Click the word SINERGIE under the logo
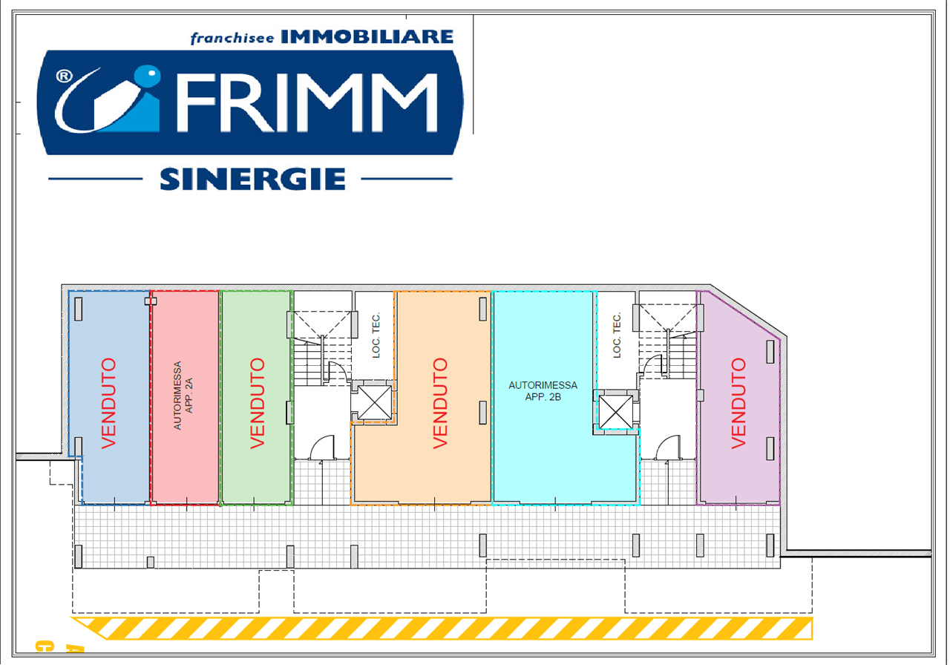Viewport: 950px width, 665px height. click(253, 179)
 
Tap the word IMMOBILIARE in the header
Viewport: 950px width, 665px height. click(367, 37)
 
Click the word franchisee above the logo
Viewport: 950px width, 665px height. click(232, 38)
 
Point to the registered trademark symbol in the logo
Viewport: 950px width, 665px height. click(64, 76)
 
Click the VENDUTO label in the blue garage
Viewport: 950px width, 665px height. click(108, 403)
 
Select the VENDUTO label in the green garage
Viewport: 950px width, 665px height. click(258, 403)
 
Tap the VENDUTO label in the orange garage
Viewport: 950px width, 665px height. click(440, 403)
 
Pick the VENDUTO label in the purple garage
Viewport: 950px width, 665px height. click(738, 403)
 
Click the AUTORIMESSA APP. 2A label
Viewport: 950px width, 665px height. click(183, 396)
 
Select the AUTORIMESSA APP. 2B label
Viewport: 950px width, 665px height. click(543, 391)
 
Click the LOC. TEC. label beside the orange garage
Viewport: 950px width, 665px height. click(376, 335)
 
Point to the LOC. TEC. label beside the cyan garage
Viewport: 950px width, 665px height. click(617, 335)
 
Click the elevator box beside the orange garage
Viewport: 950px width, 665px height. click(375, 402)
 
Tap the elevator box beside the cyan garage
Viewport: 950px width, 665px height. click(616, 412)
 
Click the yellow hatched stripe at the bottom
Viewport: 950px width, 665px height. click(442, 628)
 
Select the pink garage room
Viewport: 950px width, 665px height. click(186, 397)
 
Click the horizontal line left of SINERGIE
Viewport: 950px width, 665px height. click(96, 179)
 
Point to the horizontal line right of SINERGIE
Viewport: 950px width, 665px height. click(407, 179)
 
